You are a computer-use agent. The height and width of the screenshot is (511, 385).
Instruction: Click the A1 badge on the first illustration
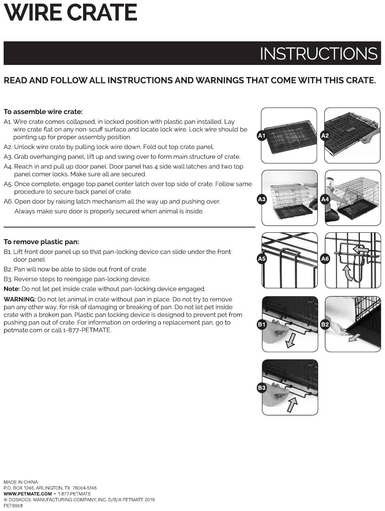point(262,136)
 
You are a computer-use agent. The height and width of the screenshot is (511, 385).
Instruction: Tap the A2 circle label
point(325,136)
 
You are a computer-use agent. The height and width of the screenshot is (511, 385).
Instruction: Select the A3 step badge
point(262,199)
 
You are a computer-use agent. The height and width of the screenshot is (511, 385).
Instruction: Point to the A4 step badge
point(325,199)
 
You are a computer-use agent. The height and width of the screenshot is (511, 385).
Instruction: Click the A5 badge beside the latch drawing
point(262,259)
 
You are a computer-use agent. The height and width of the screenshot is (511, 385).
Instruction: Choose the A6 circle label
point(325,259)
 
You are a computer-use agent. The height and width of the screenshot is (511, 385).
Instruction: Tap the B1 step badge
point(262,324)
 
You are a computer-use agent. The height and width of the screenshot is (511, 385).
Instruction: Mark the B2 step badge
point(325,324)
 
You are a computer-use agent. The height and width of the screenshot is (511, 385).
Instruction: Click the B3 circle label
point(262,388)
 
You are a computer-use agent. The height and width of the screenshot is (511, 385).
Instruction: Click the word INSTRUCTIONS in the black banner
point(319,54)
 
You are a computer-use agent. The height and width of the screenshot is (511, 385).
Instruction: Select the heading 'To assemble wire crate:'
point(43,112)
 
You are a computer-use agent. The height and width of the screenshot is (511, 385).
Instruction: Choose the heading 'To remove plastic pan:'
point(41,242)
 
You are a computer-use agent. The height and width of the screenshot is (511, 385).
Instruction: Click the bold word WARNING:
point(19,299)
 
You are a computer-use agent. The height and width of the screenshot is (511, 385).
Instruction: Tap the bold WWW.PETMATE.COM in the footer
point(28,494)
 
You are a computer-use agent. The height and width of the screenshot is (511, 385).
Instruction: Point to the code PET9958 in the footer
point(13,506)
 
